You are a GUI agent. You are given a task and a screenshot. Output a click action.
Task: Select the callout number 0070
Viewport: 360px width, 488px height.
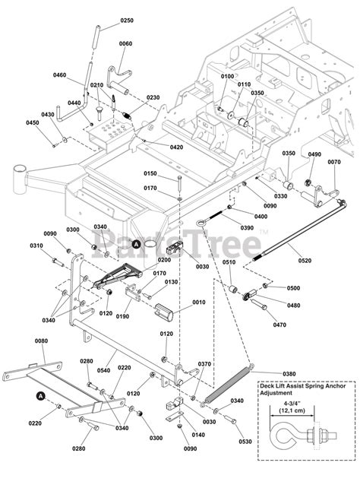pyautogui.click(x=333, y=162)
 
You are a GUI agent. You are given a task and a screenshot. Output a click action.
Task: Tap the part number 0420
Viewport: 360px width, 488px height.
pyautogui.click(x=176, y=147)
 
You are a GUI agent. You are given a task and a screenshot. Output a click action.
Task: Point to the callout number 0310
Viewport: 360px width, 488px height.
pyautogui.click(x=37, y=246)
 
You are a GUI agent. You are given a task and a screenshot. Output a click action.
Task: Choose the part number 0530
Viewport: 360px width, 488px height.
pyautogui.click(x=243, y=441)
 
